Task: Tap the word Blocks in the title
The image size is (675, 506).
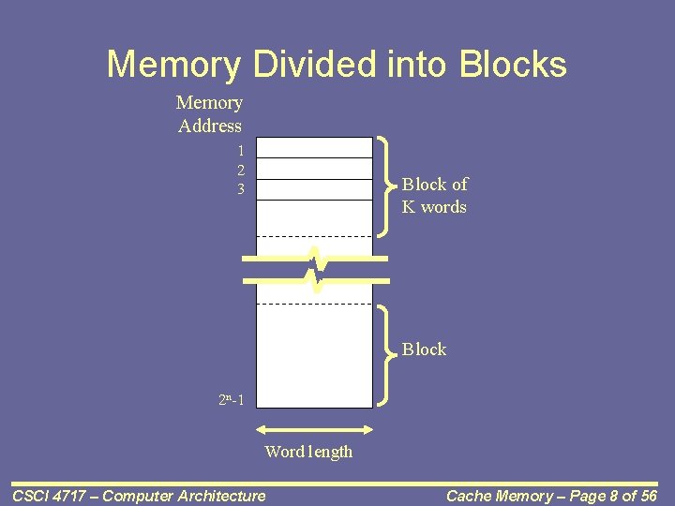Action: click(513, 65)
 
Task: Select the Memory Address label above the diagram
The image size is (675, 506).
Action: click(209, 114)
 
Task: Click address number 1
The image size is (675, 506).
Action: click(241, 151)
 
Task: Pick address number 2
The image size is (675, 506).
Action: click(241, 171)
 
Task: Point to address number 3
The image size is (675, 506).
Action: click(241, 190)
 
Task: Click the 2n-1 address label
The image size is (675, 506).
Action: click(232, 400)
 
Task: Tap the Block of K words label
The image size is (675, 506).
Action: click(434, 196)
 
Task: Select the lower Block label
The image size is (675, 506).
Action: click(425, 350)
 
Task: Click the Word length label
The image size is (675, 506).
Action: click(308, 452)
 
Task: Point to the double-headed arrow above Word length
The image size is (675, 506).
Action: click(315, 430)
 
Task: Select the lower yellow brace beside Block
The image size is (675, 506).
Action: click(387, 354)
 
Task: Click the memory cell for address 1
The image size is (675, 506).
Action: click(315, 148)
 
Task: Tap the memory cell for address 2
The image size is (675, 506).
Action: click(315, 169)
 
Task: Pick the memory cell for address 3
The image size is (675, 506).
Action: click(315, 189)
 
